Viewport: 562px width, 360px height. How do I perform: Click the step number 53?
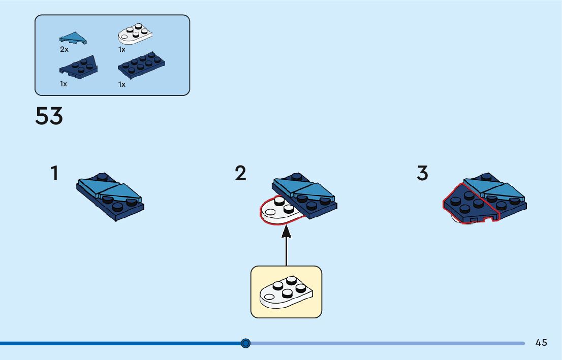click(x=49, y=116)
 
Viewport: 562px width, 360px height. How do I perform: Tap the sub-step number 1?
click(x=54, y=174)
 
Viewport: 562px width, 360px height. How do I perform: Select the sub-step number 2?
click(x=240, y=174)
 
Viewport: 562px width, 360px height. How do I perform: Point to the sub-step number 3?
click(x=422, y=174)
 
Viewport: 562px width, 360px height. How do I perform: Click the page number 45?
click(x=541, y=343)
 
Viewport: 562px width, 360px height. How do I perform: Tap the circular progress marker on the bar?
click(x=246, y=343)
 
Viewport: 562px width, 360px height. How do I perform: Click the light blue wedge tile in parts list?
click(x=73, y=37)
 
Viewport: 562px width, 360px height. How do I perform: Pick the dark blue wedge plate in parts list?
click(x=79, y=67)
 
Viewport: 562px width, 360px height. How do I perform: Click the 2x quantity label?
click(x=64, y=50)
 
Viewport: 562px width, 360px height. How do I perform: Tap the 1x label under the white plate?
click(x=122, y=50)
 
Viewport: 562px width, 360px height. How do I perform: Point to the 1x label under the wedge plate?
click(x=64, y=84)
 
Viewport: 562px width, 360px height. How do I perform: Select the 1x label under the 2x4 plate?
click(x=122, y=85)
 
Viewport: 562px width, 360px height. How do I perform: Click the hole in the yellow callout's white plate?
click(x=267, y=293)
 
